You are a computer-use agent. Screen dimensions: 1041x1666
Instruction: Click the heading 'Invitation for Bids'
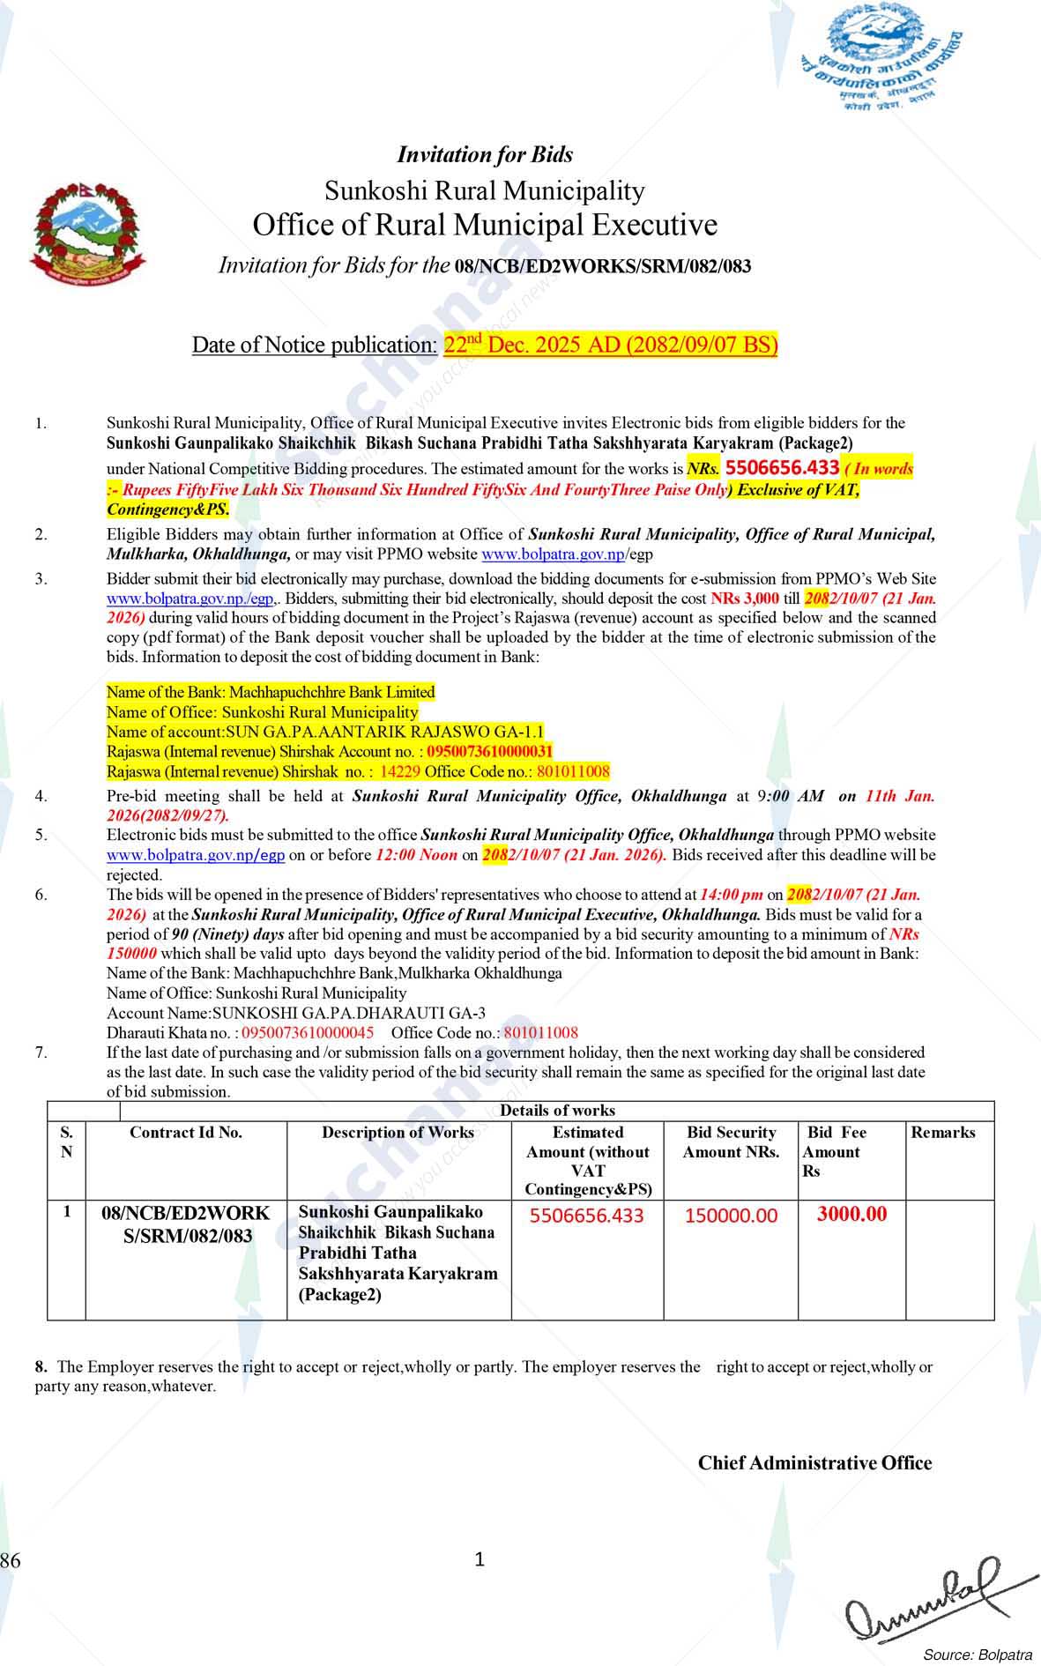[x=485, y=155]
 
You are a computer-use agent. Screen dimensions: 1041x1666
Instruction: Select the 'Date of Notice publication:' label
[x=315, y=345]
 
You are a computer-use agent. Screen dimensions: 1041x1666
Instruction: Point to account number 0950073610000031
[x=489, y=752]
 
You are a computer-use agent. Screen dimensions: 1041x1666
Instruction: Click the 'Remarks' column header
[x=943, y=1133]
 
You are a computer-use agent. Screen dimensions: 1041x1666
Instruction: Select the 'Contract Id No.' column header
[x=186, y=1133]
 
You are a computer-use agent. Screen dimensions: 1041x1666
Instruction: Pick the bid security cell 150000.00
[x=731, y=1216]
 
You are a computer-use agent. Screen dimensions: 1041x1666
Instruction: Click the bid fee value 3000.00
[x=851, y=1214]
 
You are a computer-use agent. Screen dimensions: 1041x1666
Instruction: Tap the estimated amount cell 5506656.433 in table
[x=587, y=1216]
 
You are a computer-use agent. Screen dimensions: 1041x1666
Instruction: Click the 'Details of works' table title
[x=557, y=1111]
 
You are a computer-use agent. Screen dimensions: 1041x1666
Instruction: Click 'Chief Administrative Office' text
[x=814, y=1463]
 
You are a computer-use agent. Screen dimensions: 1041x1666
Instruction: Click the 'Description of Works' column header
[x=398, y=1133]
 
